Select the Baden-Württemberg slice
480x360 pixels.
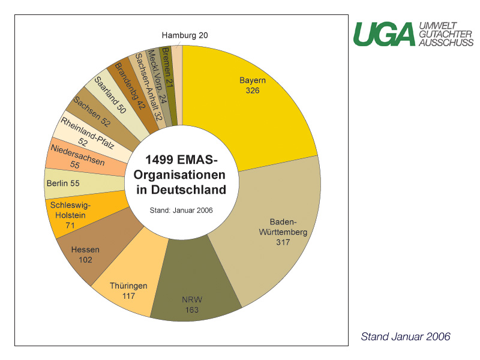(275, 233)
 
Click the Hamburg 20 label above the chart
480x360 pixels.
(185, 35)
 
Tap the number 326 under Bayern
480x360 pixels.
(253, 91)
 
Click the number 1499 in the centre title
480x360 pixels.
(159, 160)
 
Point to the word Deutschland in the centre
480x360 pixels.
(188, 190)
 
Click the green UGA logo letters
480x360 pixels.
(385, 34)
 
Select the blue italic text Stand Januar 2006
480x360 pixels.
(406, 337)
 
